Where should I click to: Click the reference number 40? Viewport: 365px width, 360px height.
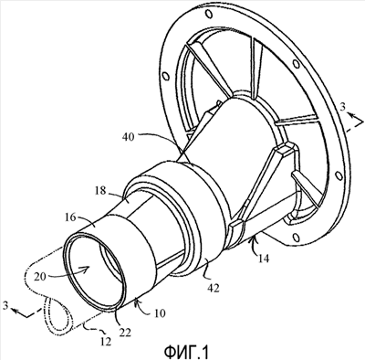click(129, 137)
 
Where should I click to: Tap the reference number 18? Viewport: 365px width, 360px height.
click(100, 191)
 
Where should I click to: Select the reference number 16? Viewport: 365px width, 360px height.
click(70, 217)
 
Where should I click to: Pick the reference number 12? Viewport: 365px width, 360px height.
click(105, 342)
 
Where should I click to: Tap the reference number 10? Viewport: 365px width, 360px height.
click(159, 313)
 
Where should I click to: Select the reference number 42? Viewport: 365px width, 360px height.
click(214, 288)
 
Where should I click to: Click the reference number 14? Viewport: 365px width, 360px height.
click(264, 259)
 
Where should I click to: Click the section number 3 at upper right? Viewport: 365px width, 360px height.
click(343, 108)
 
